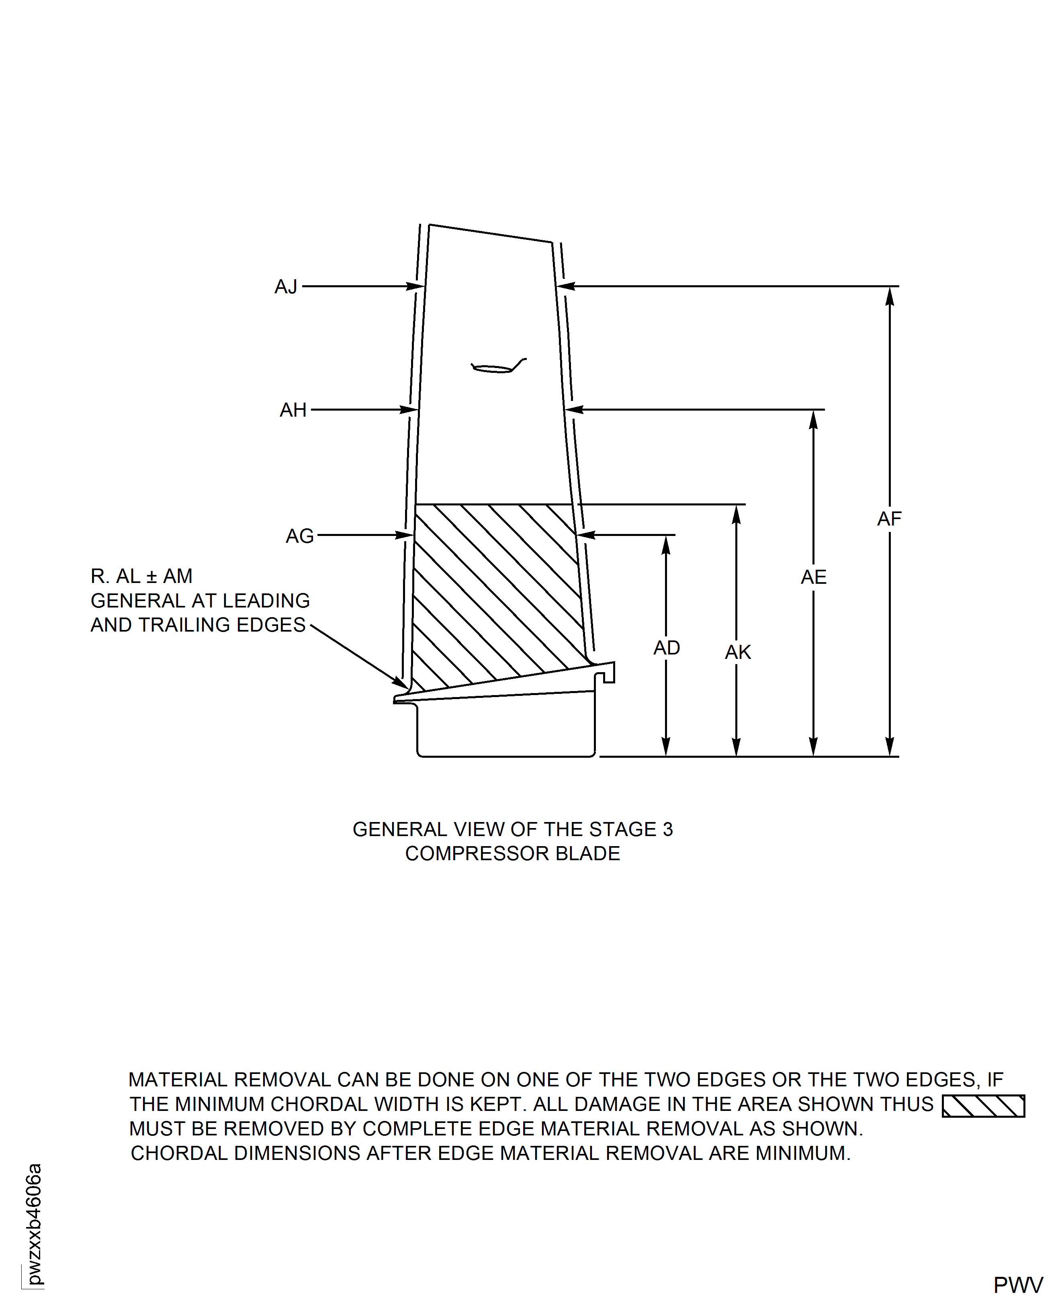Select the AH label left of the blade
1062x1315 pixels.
pos(293,410)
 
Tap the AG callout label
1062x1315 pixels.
pos(300,536)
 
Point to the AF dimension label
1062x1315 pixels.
pos(890,519)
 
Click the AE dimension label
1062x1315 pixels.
pos(814,577)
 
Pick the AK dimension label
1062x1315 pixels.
pos(738,652)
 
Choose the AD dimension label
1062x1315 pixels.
pos(667,648)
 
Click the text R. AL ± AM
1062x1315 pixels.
pos(141,576)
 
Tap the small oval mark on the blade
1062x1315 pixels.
pos(493,369)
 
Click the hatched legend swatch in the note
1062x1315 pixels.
pos(983,1106)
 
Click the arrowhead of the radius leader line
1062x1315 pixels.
pos(401,683)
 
